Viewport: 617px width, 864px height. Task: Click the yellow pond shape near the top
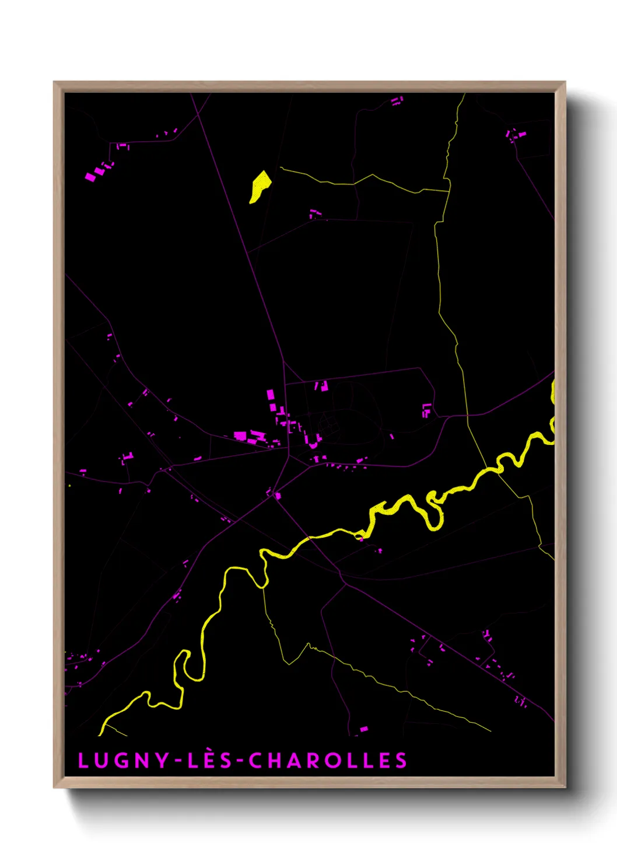[260, 186]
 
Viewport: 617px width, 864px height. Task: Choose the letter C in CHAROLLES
[255, 761]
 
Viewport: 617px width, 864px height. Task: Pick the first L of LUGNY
[82, 761]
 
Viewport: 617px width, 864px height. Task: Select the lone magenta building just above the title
[364, 729]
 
